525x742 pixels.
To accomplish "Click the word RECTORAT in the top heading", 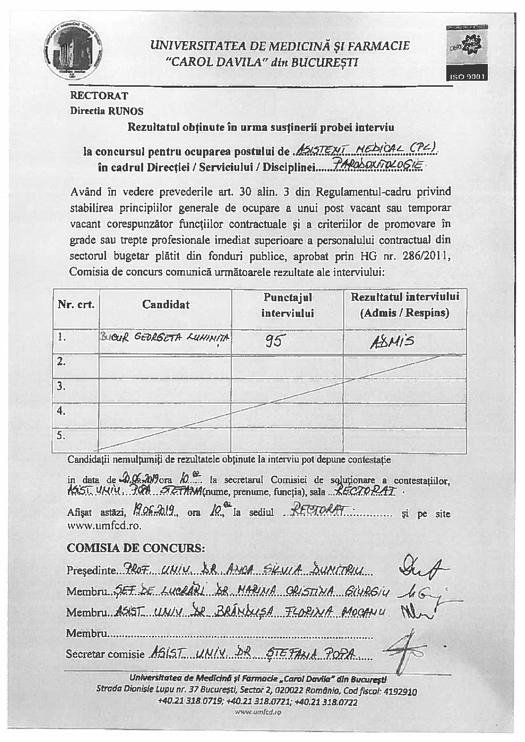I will [99, 96].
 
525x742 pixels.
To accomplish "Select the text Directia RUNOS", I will [106, 111].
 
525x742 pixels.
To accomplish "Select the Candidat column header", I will [165, 304].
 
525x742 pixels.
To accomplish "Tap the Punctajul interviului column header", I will [288, 305].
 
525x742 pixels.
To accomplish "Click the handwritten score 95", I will [273, 341].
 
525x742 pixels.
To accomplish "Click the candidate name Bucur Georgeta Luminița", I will [165, 338].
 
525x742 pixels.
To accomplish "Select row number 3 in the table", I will [61, 386].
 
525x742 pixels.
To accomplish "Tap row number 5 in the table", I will [61, 436].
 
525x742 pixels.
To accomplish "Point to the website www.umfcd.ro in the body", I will [104, 526].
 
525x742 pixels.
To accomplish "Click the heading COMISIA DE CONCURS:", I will [135, 548].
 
